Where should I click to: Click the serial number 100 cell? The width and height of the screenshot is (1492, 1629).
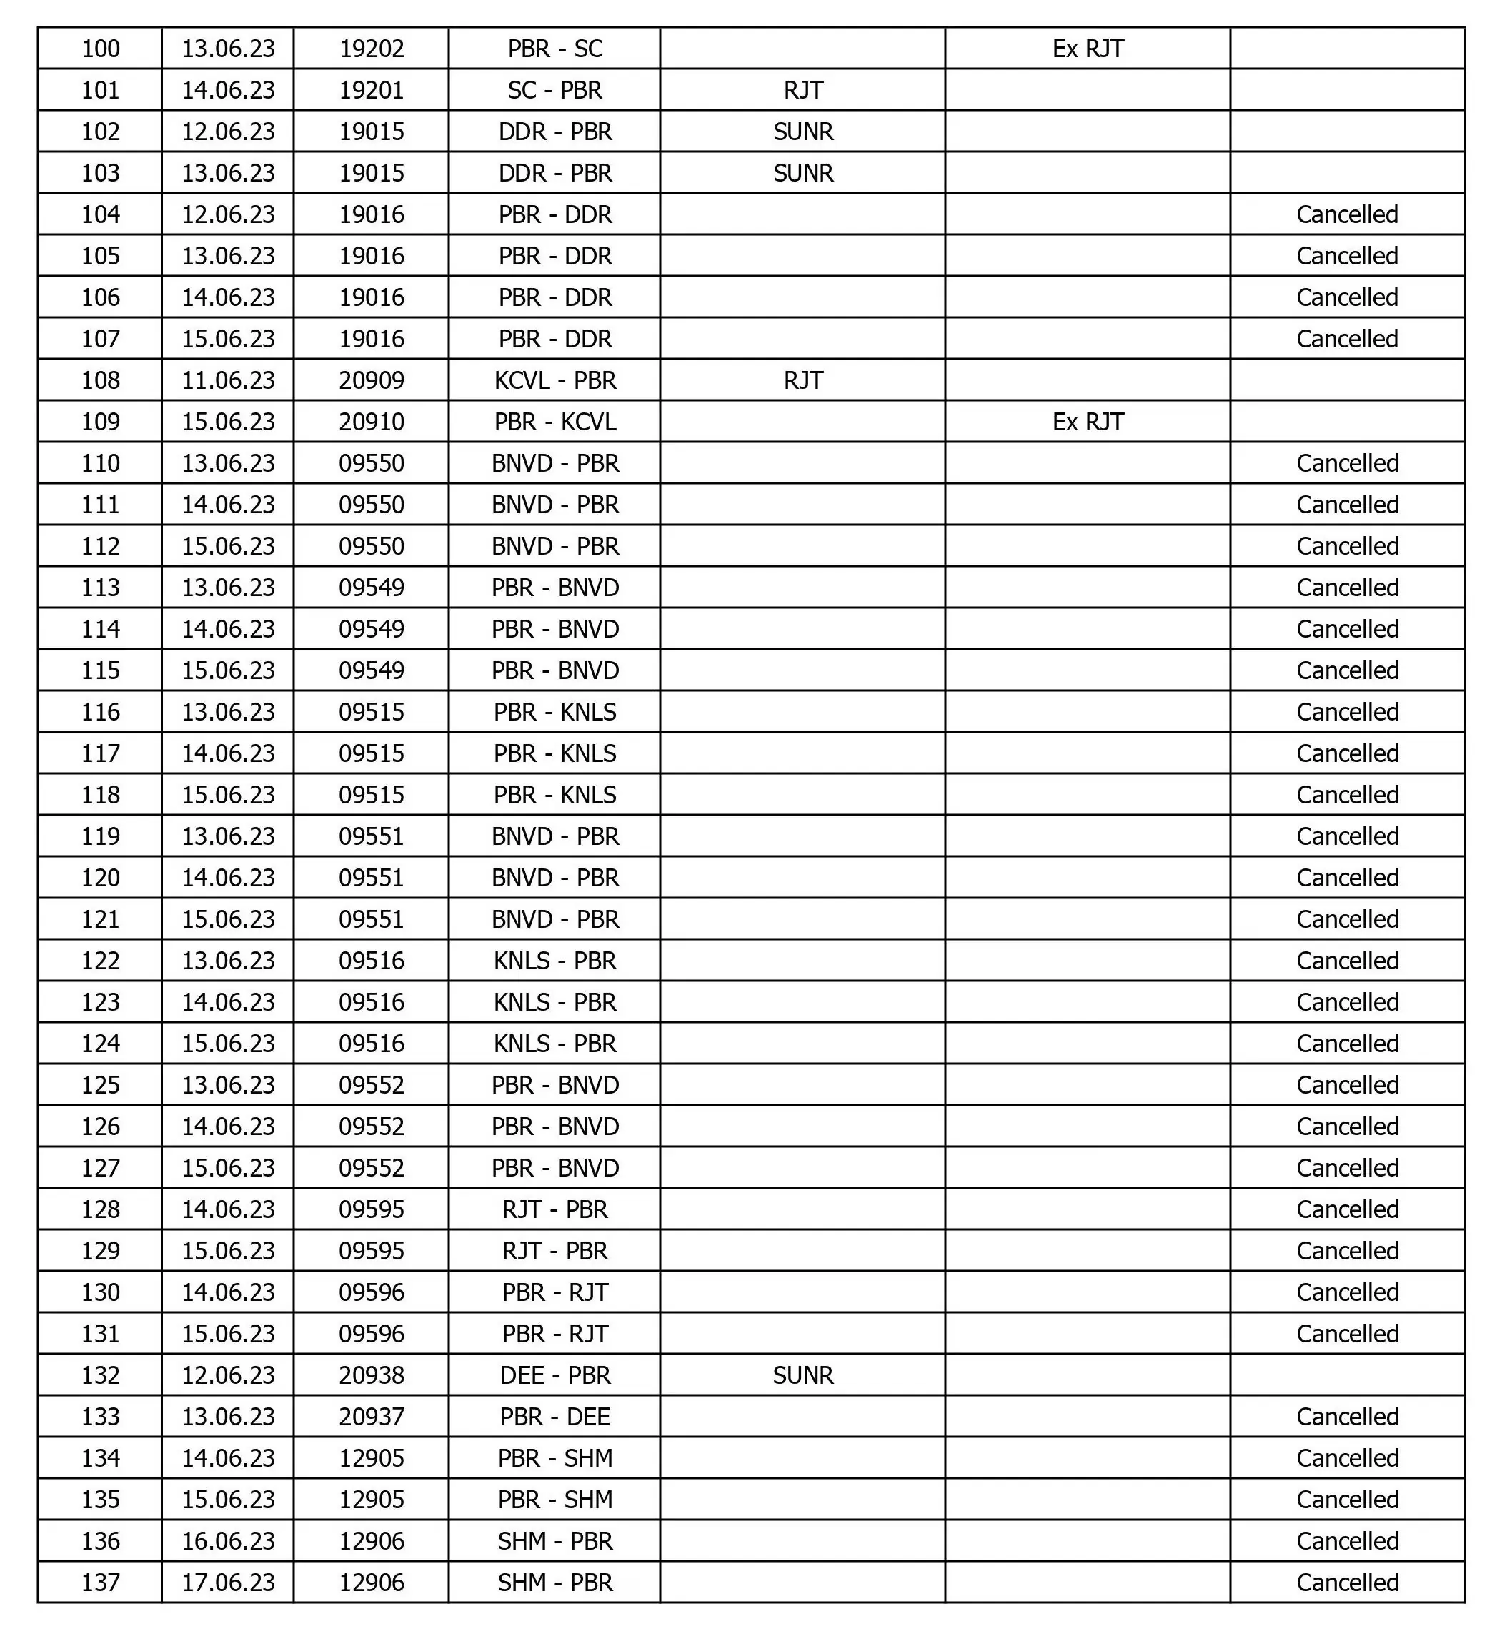pyautogui.click(x=100, y=49)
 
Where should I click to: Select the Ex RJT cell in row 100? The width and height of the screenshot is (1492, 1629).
pyautogui.click(x=1088, y=49)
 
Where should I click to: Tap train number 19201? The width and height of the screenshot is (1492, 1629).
pyautogui.click(x=371, y=89)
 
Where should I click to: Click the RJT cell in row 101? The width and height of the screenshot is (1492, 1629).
pyautogui.click(x=802, y=89)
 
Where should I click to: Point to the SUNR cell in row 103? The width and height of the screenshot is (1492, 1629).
pyautogui.click(x=802, y=173)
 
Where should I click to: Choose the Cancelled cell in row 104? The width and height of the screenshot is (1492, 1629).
pyautogui.click(x=1347, y=214)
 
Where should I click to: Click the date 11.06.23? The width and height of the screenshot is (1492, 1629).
pyautogui.click(x=228, y=380)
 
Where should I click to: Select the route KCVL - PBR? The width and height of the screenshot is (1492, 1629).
pyautogui.click(x=555, y=380)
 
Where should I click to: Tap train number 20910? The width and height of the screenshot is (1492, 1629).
pyautogui.click(x=371, y=422)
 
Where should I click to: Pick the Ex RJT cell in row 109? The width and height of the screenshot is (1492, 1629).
pyautogui.click(x=1088, y=422)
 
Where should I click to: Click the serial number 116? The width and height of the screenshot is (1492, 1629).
pyautogui.click(x=100, y=712)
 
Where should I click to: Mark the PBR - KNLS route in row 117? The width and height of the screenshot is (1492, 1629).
pyautogui.click(x=555, y=753)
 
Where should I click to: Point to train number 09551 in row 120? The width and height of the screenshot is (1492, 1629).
pyautogui.click(x=371, y=878)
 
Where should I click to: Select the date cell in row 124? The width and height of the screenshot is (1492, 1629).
pyautogui.click(x=228, y=1043)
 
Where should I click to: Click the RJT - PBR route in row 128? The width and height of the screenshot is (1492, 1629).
pyautogui.click(x=555, y=1209)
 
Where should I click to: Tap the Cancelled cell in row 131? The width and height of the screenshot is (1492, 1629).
pyautogui.click(x=1347, y=1333)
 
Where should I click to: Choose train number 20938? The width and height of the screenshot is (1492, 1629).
pyautogui.click(x=371, y=1375)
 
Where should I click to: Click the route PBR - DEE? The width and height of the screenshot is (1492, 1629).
pyautogui.click(x=555, y=1417)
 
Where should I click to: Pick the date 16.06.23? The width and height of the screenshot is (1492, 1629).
pyautogui.click(x=228, y=1541)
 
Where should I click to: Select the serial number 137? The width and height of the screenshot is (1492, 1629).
pyautogui.click(x=100, y=1582)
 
